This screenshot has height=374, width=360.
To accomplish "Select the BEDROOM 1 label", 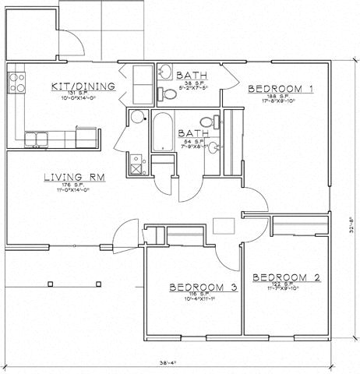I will click(281, 90).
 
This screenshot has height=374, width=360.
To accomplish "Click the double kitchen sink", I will click(37, 140).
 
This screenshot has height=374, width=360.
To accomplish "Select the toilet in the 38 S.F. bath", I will click(167, 93).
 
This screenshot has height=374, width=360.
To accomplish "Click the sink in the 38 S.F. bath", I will click(165, 72).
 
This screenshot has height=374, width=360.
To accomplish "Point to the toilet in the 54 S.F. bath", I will click(206, 122).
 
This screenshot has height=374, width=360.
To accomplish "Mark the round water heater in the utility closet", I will click(138, 118).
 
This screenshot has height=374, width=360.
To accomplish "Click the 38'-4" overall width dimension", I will click(168, 364).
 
